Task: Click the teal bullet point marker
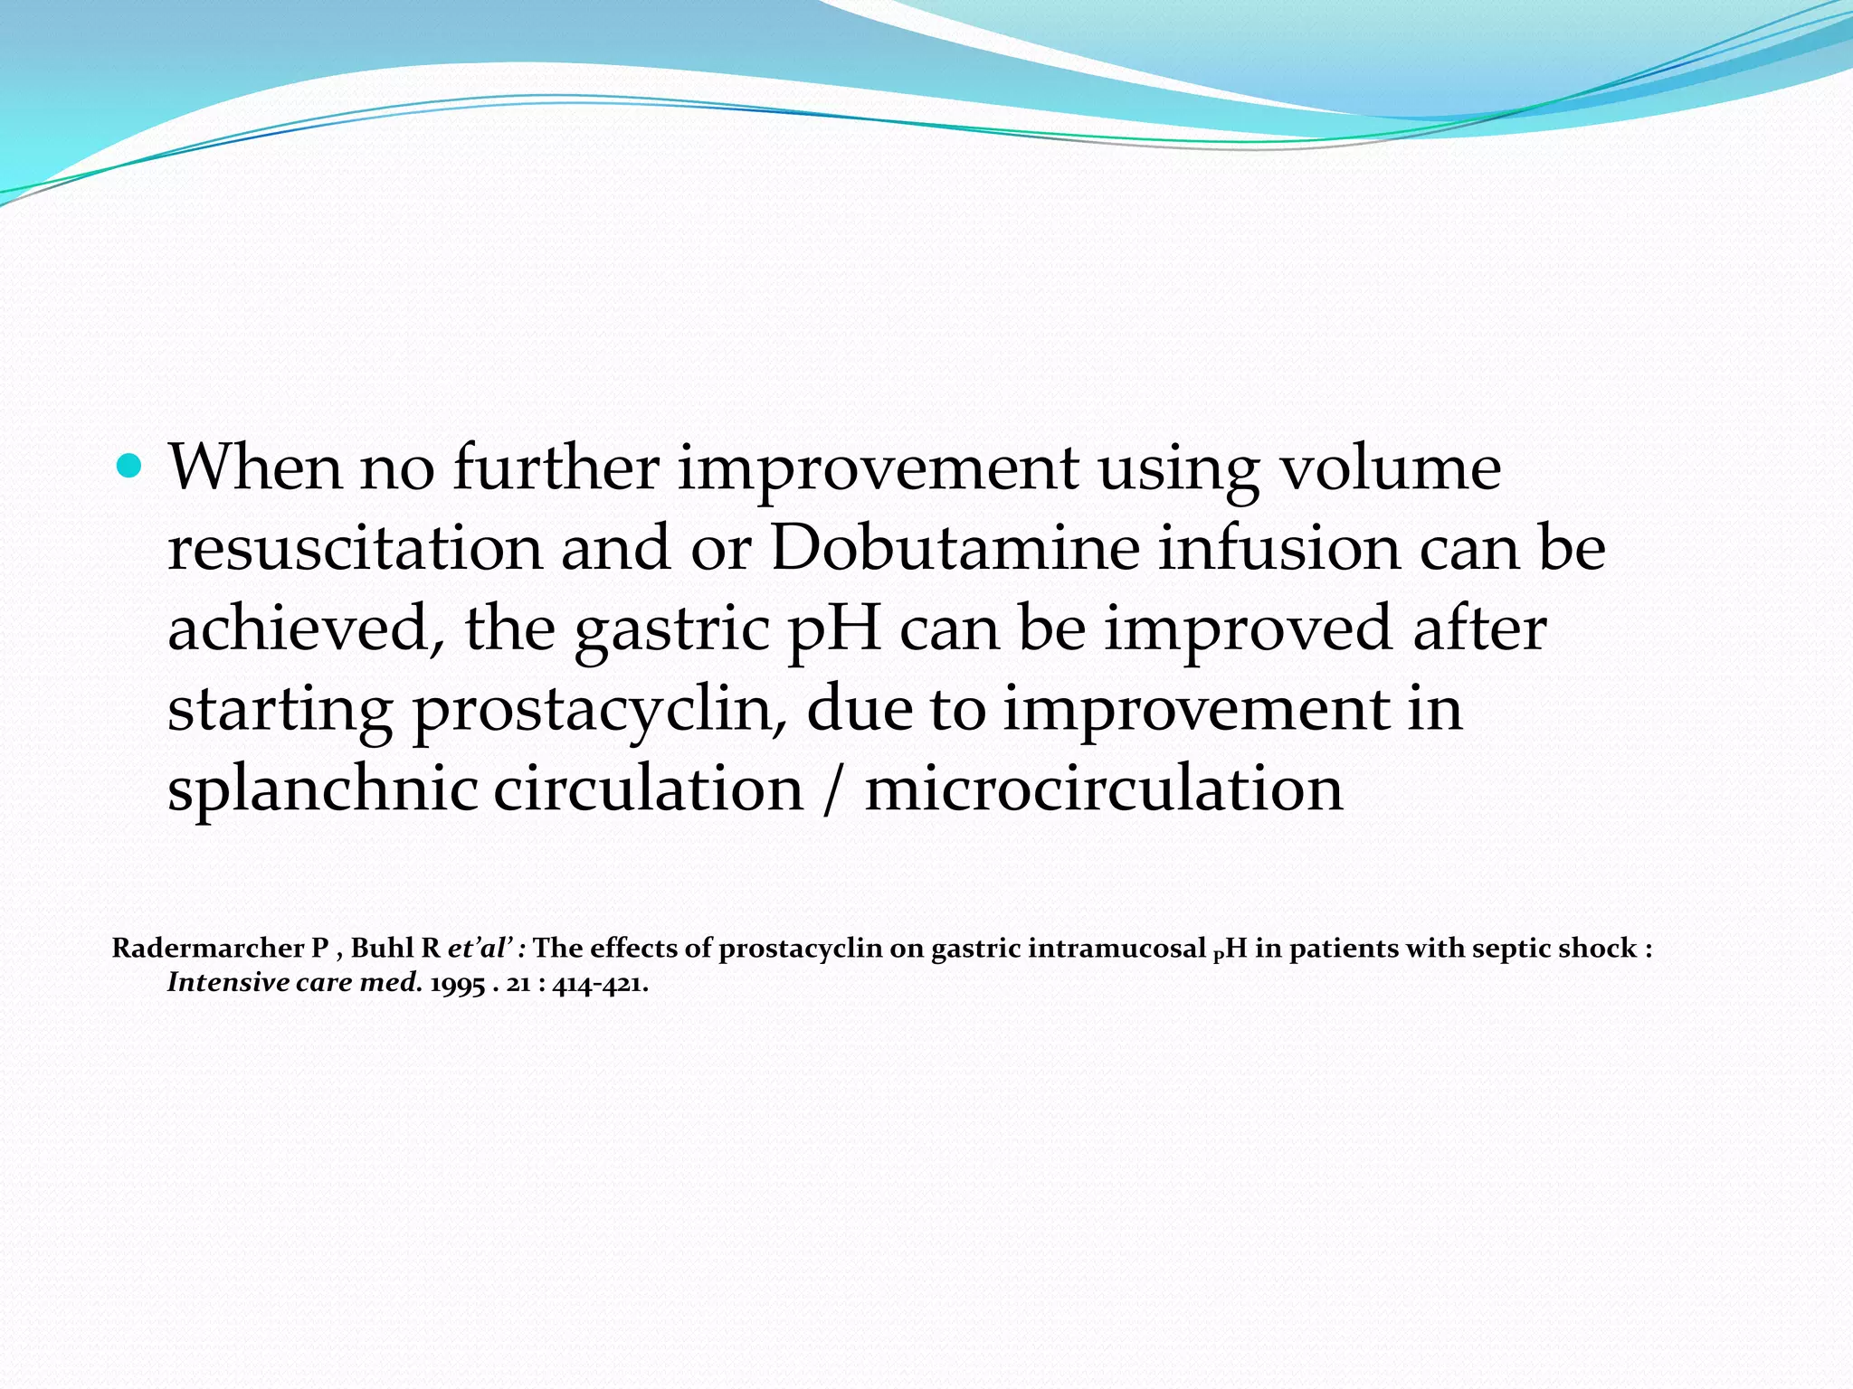[130, 467]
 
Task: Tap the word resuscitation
[355, 548]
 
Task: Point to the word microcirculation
[1104, 789]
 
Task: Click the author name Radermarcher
[208, 949]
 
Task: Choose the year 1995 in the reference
[457, 984]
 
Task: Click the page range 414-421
[599, 984]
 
